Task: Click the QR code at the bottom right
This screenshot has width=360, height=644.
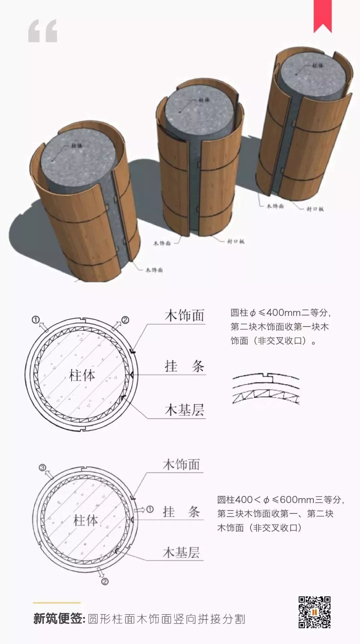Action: tap(314, 612)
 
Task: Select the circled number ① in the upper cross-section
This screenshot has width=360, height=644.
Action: tap(36, 319)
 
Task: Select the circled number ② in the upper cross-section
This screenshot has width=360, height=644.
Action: tap(125, 320)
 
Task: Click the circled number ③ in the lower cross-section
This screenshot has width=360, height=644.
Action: tap(42, 468)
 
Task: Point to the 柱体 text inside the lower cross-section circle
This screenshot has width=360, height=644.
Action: tap(86, 520)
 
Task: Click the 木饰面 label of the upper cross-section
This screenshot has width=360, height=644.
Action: tap(184, 315)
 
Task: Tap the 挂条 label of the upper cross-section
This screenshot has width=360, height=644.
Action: tap(184, 367)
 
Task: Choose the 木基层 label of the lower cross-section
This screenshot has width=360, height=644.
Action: tap(181, 553)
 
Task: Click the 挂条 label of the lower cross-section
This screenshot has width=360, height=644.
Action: tap(181, 512)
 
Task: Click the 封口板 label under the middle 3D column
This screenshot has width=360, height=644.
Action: tap(236, 241)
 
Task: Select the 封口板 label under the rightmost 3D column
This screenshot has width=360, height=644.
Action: tap(315, 209)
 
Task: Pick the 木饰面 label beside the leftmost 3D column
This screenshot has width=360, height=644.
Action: tap(154, 270)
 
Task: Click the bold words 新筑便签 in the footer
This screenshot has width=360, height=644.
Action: tap(59, 619)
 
